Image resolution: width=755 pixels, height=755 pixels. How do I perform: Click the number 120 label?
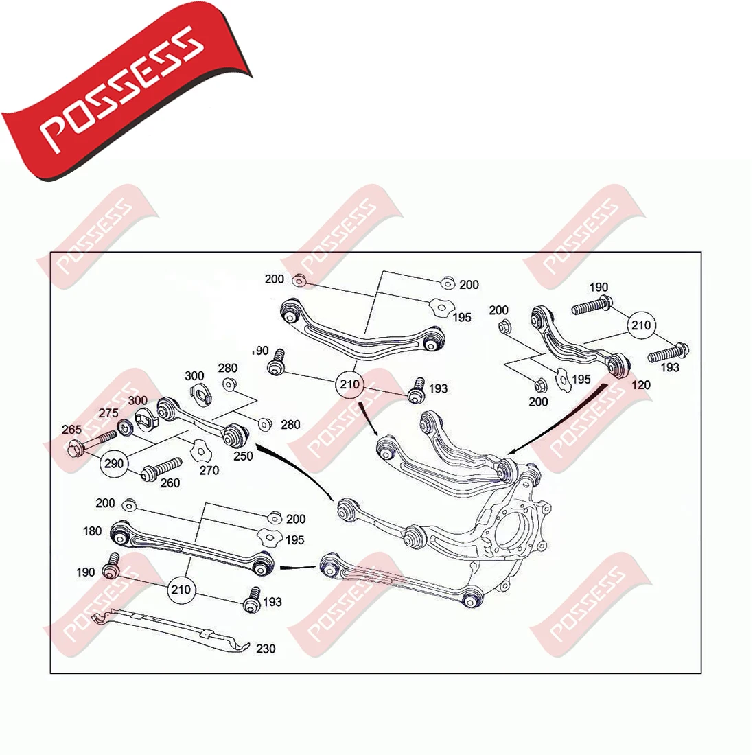pos(640,384)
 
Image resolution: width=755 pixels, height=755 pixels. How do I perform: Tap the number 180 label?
pos(92,531)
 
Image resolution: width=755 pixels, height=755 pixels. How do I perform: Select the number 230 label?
pos(265,649)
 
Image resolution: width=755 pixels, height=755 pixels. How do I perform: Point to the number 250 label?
pos(242,455)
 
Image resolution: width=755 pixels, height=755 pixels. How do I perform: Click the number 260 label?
pos(170,483)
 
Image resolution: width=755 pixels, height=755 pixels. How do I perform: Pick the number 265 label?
pos(71,430)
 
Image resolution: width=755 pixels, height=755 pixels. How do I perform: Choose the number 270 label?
pos(209,470)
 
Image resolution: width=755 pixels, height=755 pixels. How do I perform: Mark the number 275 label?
pos(108,413)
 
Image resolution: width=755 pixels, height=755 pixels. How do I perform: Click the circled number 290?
pos(114,463)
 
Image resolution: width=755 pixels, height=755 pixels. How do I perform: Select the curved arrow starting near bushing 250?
pos(295,474)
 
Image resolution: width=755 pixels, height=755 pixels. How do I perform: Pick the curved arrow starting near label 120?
pos(556,426)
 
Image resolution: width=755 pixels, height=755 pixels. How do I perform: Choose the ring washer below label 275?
pos(125,430)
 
